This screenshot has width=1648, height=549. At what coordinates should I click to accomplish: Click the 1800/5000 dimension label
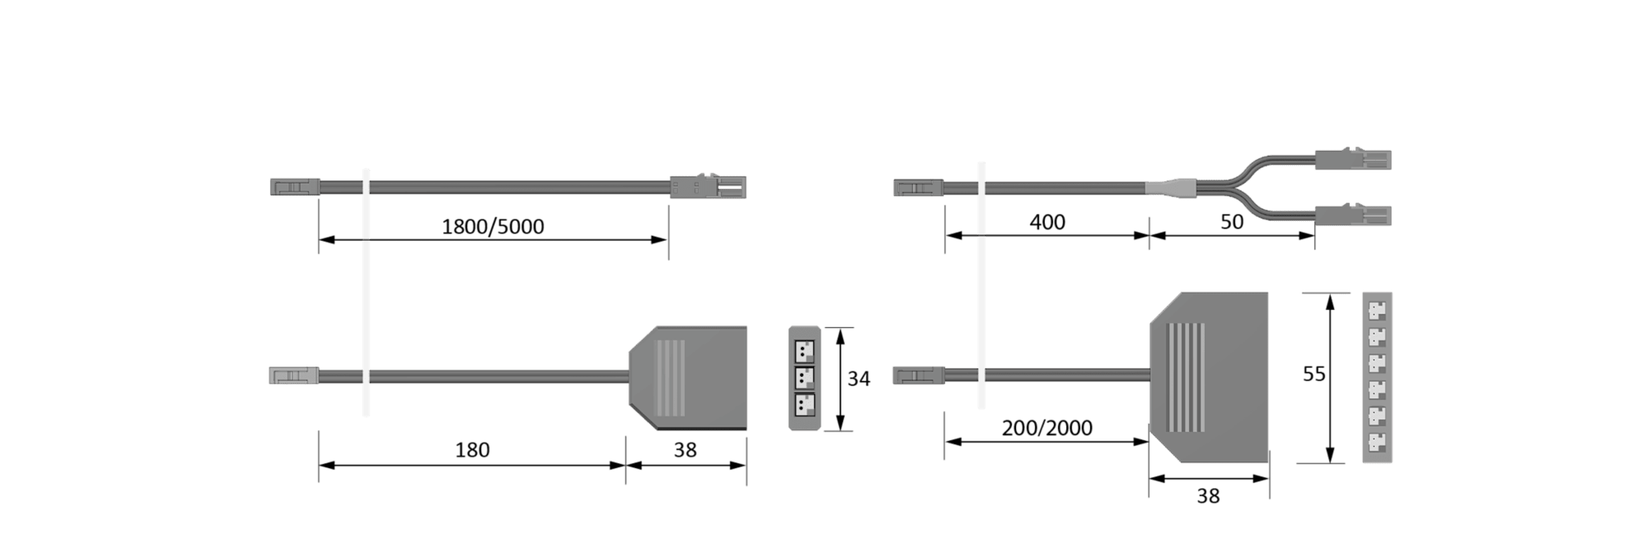pos(493,226)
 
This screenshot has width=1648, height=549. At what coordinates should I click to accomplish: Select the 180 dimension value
pos(473,450)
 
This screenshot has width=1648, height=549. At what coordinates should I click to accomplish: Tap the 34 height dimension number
pos(859,379)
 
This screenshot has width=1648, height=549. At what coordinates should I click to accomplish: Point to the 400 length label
pos(1048,222)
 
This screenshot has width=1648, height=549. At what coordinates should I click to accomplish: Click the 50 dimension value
pos(1232,222)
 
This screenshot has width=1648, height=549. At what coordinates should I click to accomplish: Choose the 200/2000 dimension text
pos(1047,428)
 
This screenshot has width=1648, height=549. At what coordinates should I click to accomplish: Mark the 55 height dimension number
pos(1314,374)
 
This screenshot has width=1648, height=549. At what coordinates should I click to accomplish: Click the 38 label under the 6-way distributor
pos(1208,496)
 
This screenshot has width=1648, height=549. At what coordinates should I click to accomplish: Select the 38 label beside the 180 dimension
pos(685,450)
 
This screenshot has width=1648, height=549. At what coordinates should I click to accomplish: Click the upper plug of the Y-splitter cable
pos(1353,159)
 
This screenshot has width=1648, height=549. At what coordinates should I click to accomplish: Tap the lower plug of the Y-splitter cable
pos(1353,215)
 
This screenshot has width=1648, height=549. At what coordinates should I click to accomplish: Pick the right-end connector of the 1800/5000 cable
pos(708,187)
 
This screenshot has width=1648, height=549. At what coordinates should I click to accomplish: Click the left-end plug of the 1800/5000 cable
pos(295,187)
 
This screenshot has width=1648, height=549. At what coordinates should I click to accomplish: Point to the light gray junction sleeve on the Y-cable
pos(1171,187)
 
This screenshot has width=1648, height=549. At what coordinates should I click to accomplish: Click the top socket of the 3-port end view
pos(804,351)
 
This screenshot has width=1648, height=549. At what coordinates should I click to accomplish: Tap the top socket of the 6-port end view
pos(1377,311)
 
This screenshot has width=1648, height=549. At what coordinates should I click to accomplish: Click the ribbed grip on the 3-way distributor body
pos(671,378)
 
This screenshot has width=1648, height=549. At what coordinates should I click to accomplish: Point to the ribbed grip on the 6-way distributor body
pos(1186,377)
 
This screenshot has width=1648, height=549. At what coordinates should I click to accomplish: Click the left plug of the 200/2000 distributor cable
pos(918,375)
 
